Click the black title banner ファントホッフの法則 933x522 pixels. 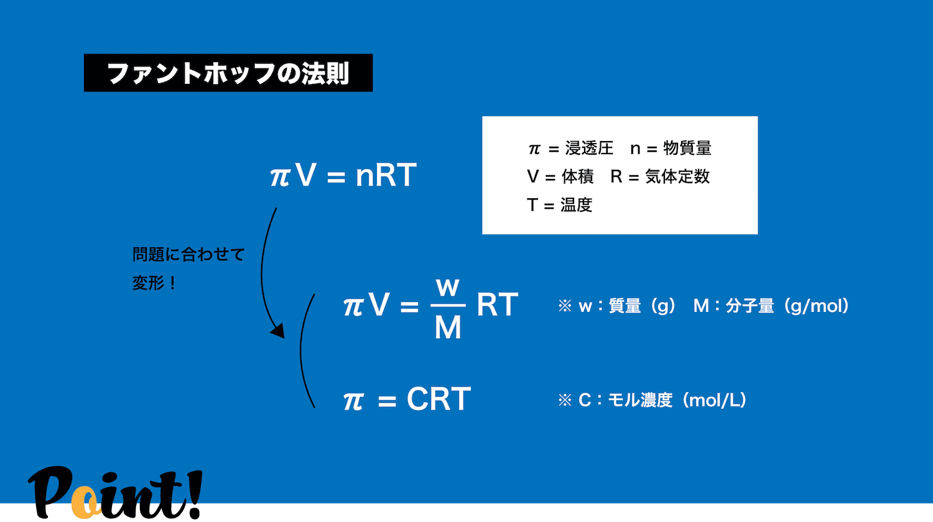(228, 73)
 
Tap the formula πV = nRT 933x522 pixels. (343, 175)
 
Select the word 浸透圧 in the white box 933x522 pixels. (590, 148)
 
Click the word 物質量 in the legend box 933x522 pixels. (687, 148)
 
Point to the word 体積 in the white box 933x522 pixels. (577, 176)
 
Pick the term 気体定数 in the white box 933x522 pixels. (677, 176)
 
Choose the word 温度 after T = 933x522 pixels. (576, 205)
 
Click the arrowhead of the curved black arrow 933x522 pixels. (278, 331)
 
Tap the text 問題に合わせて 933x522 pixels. (188, 254)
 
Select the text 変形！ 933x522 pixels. (154, 283)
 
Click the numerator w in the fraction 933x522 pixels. (448, 287)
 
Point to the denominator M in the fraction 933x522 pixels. (448, 327)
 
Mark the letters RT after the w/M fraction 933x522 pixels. (498, 304)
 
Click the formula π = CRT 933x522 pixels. (407, 399)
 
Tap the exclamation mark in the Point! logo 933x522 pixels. (193, 494)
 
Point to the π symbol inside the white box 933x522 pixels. (534, 149)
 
